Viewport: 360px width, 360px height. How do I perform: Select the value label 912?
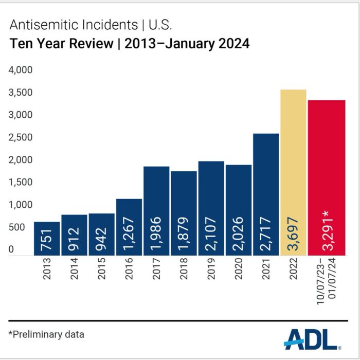[74, 239]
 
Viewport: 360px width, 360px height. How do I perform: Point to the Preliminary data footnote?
[46, 334]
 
